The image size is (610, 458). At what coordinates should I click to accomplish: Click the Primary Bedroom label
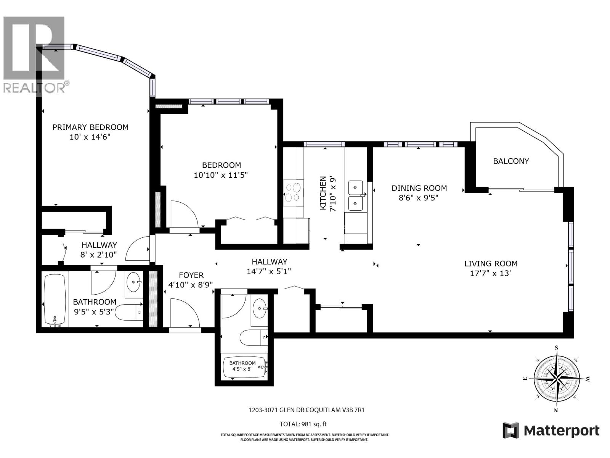pyautogui.click(x=90, y=127)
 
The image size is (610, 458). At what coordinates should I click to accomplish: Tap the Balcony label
pyautogui.click(x=511, y=161)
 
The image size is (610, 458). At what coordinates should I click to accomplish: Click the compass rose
pyautogui.click(x=557, y=379)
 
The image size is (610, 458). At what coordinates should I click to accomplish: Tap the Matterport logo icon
pyautogui.click(x=510, y=431)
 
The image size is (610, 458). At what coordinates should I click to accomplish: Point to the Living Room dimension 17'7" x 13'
pyautogui.click(x=490, y=273)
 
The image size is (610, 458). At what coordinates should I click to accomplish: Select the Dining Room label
pyautogui.click(x=419, y=188)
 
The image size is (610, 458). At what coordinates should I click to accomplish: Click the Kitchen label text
pyautogui.click(x=323, y=193)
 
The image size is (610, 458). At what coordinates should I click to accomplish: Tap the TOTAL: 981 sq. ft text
pyautogui.click(x=303, y=424)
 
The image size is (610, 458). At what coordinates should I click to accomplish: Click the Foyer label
pyautogui.click(x=191, y=275)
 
